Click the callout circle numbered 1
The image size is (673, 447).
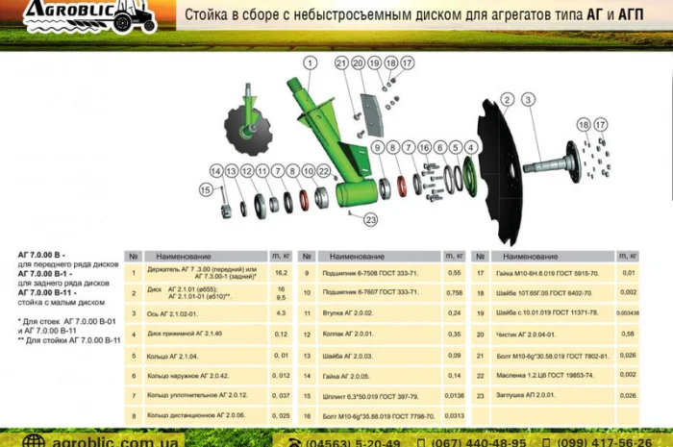pyautogui.click(x=311, y=62)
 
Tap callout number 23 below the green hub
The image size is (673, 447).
pyautogui.click(x=370, y=219)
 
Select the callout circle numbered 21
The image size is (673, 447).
pyautogui.click(x=340, y=63)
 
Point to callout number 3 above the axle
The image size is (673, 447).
pyautogui.click(x=528, y=100)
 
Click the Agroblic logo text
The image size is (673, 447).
pyautogui.click(x=72, y=12)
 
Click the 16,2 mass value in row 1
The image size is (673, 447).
pyautogui.click(x=282, y=273)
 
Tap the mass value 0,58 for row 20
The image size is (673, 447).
pyautogui.click(x=628, y=334)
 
